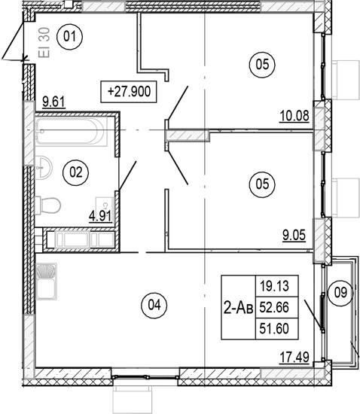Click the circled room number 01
point(71,35)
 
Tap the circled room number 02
point(75,172)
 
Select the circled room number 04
point(154,305)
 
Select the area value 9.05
point(294,234)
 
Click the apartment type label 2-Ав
point(237,306)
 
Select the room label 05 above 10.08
point(261,65)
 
